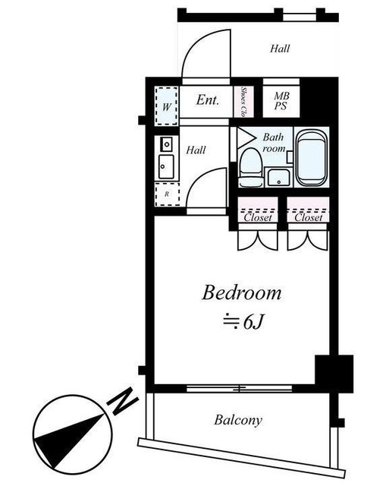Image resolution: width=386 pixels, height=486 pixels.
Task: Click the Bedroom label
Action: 241,292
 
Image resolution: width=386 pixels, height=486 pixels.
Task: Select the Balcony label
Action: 238,420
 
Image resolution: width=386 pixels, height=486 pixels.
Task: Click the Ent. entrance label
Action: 207,99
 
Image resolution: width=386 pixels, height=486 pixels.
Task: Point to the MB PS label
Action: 281,101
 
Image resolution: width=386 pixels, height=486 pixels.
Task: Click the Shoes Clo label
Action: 243,102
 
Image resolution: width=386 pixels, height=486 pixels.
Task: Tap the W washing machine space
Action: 167,106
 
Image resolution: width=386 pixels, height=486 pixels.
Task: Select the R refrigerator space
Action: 167,194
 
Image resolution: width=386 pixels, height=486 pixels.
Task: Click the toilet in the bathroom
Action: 251,167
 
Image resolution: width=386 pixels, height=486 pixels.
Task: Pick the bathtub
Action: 311,158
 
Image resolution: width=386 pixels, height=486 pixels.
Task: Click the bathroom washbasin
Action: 278,177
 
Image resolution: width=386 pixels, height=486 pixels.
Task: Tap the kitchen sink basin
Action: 166,167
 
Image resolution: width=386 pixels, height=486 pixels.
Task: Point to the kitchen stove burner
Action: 167,144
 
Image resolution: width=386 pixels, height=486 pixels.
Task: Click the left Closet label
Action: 258,217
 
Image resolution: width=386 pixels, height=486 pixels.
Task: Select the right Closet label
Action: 309,217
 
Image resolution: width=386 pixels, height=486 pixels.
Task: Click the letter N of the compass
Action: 122,401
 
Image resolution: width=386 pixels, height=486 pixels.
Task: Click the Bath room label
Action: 274,143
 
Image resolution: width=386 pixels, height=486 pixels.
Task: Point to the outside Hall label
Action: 280,49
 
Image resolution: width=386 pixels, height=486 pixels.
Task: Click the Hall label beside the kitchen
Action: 196,150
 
